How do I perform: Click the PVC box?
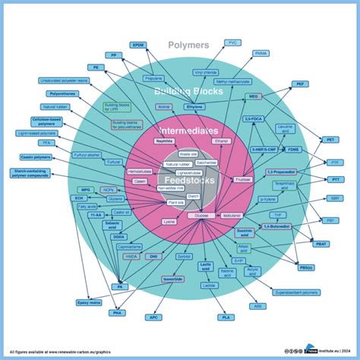coord(233,43)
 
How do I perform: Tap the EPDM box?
coord(139,45)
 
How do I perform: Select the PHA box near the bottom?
coord(118,312)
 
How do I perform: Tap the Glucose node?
coord(202,216)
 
